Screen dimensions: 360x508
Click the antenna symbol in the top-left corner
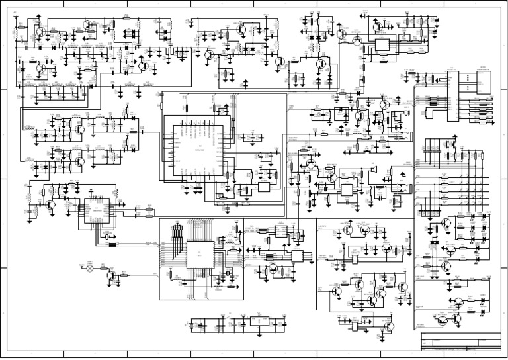[15, 15]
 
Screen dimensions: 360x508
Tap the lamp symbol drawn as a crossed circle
[93, 271]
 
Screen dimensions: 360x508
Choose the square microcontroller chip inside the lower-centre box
[200, 254]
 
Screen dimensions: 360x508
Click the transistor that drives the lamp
[114, 273]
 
